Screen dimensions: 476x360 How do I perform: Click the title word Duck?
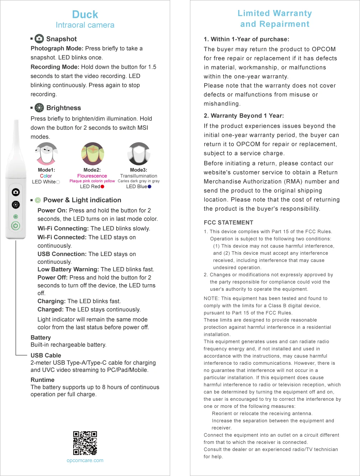85,15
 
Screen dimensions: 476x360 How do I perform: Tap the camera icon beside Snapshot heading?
39,39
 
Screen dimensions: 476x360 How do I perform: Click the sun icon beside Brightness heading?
39,108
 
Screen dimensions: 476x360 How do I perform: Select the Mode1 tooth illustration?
46,154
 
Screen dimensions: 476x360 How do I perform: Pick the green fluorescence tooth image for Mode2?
92,154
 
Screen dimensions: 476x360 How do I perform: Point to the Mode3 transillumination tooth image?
139,154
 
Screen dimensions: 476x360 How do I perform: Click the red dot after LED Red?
102,186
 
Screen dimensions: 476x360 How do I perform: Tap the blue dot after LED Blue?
149,186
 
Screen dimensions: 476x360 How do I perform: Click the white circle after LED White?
58,182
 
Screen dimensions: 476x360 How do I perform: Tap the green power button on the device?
15,226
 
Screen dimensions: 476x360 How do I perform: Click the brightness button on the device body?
16,204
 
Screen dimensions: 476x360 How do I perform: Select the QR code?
85,443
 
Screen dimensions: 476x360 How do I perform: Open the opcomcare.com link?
85,460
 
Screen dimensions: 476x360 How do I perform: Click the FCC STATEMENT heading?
228,222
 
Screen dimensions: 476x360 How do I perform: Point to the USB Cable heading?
46,355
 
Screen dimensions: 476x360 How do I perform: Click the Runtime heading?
42,380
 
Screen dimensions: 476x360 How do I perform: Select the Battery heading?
41,337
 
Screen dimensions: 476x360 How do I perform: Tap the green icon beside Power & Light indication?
38,200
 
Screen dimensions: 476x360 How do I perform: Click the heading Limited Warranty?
274,14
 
